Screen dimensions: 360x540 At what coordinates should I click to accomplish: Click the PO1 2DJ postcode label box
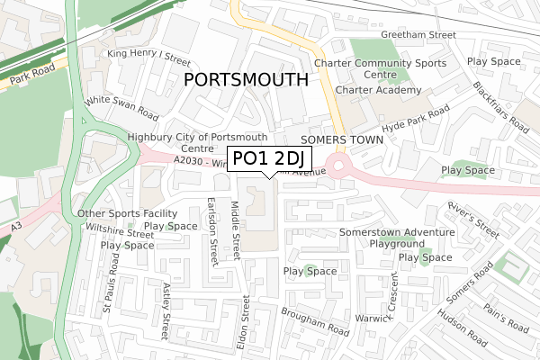coord(269,159)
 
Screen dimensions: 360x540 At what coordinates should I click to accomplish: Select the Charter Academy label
coord(378,91)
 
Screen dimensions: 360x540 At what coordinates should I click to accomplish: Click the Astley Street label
coord(166,311)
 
